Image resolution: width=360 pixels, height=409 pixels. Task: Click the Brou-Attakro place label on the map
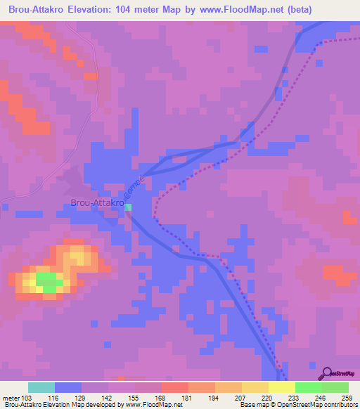click(x=97, y=204)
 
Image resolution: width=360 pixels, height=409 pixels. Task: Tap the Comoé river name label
click(x=134, y=186)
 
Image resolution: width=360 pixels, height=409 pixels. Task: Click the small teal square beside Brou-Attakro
click(x=128, y=207)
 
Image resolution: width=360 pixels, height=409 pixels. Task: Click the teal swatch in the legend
click(x=41, y=387)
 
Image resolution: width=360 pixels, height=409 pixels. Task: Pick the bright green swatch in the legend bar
click(x=308, y=387)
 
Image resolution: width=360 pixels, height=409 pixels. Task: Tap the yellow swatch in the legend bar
click(x=281, y=387)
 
